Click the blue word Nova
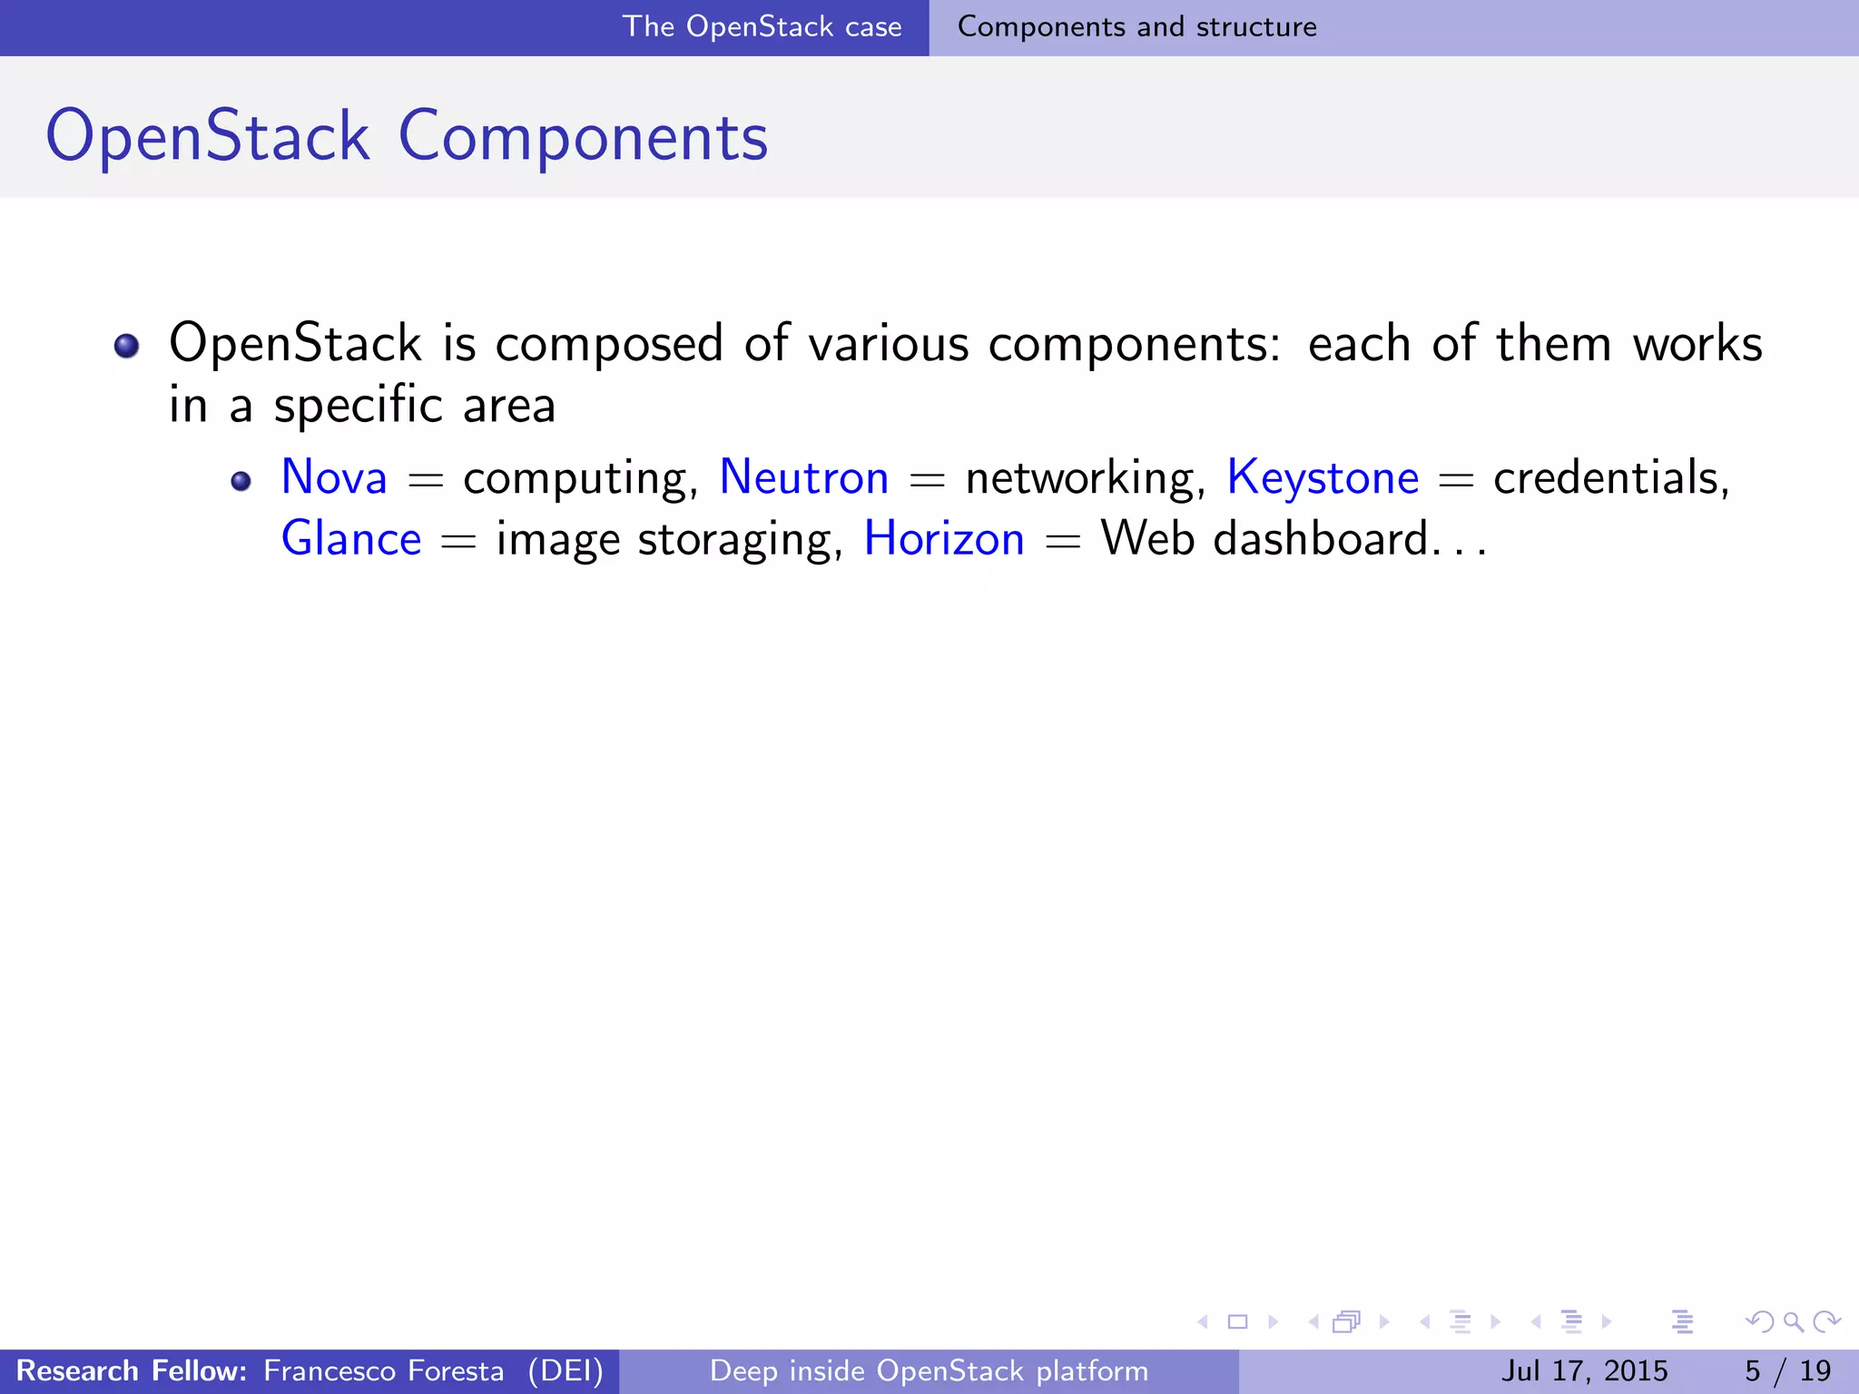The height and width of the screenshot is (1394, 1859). click(334, 477)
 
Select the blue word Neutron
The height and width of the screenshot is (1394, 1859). click(803, 477)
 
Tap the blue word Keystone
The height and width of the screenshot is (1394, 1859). click(1323, 477)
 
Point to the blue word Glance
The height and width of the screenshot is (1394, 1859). click(351, 539)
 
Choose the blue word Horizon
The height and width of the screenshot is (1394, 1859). click(944, 539)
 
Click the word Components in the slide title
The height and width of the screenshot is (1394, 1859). click(583, 136)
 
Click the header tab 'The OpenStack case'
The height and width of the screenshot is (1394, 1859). click(762, 27)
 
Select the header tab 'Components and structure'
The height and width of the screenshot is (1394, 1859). click(1136, 27)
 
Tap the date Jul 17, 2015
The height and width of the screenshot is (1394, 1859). click(1584, 1370)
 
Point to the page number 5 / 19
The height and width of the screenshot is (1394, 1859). click(1787, 1370)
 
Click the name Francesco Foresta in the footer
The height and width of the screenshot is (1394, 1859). click(383, 1370)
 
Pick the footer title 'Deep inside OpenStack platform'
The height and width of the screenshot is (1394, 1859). click(929, 1370)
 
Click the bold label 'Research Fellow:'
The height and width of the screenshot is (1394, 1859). click(132, 1370)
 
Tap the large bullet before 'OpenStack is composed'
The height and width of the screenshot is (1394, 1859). click(126, 346)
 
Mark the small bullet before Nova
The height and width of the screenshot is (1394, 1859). click(241, 481)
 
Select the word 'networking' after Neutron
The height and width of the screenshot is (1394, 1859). click(1084, 479)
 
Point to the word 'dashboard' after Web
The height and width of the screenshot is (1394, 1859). click(1321, 539)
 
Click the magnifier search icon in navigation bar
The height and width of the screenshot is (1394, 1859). click(1793, 1322)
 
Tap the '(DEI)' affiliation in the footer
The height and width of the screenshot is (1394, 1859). click(566, 1370)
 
